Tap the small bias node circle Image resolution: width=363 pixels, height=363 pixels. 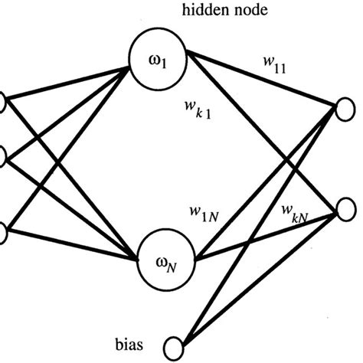point(181,345)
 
